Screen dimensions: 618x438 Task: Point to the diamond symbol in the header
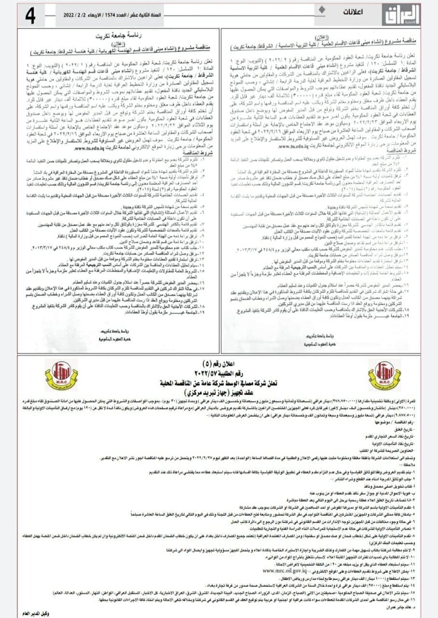tap(321, 9)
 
